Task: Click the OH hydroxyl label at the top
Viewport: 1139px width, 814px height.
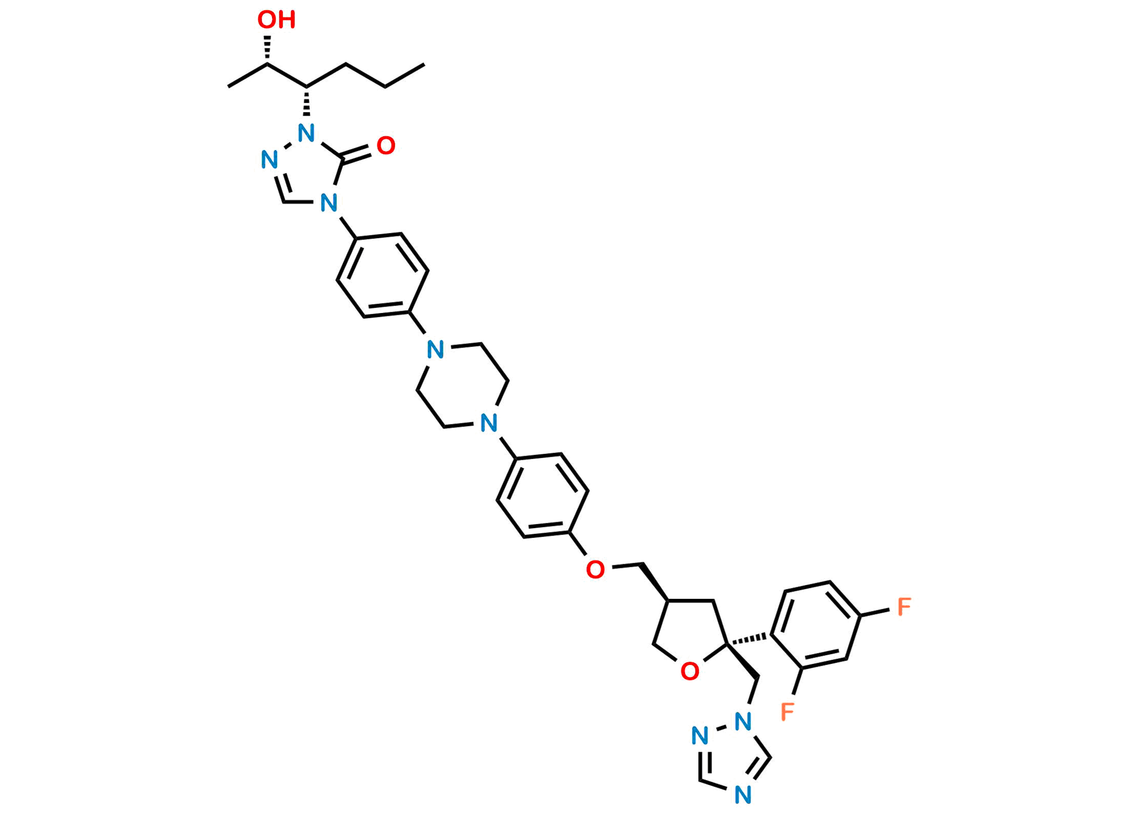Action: point(276,20)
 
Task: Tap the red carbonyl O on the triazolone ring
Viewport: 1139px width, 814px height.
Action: point(386,146)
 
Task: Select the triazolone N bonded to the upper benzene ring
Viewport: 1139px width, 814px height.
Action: point(329,202)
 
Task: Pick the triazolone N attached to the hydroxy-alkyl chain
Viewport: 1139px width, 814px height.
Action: point(307,134)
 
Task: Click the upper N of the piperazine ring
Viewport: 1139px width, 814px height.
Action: point(435,350)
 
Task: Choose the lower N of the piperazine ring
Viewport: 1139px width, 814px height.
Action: point(488,423)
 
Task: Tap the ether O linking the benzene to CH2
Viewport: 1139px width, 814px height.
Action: point(595,570)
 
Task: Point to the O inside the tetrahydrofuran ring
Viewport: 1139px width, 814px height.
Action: point(690,671)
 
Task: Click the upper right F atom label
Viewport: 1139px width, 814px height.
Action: point(904,606)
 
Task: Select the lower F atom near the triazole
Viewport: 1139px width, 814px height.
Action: point(787,711)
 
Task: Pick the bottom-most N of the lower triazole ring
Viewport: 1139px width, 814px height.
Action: point(743,795)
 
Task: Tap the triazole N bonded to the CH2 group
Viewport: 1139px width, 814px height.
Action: point(743,720)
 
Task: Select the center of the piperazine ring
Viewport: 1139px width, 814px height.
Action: point(462,387)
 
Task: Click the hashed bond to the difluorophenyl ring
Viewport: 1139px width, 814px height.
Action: point(748,639)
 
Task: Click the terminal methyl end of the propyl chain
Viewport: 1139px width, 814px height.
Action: point(425,64)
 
